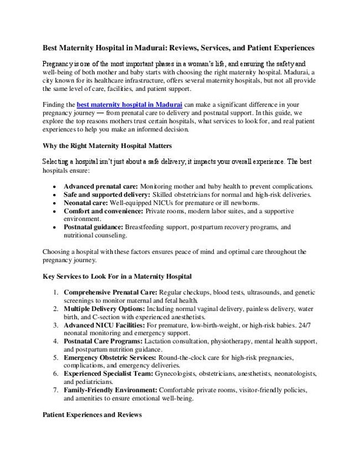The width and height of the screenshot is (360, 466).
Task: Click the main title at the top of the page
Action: (x=179, y=48)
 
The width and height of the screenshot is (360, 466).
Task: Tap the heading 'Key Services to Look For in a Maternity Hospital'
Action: (x=117, y=275)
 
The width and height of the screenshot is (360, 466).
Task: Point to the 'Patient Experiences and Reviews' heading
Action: (x=92, y=414)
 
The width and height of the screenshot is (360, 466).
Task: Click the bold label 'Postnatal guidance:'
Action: (x=94, y=227)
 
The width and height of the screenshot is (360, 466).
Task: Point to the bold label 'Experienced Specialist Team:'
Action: (x=109, y=373)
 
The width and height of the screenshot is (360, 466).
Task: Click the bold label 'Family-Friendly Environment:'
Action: (x=110, y=390)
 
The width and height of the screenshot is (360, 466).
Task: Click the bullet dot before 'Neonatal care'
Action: (x=53, y=203)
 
